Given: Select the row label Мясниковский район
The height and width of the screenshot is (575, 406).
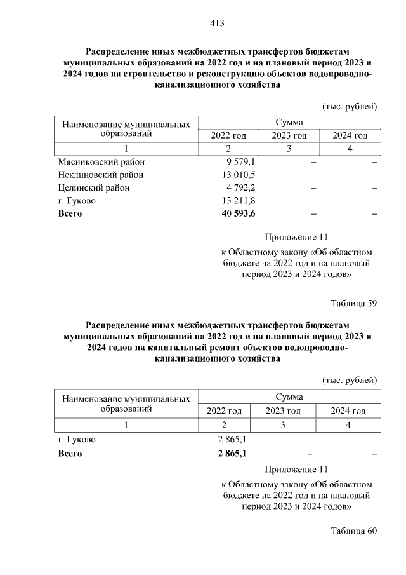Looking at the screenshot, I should point(101,162).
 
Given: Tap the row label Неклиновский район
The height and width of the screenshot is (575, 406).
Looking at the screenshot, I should point(100,175).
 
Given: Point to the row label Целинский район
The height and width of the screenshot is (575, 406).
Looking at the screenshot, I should point(93,187).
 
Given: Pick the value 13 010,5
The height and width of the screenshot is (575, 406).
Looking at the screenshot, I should point(236,175).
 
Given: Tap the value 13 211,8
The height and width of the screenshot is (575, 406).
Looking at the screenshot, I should point(236,201).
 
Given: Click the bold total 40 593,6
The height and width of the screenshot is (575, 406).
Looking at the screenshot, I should point(235,213).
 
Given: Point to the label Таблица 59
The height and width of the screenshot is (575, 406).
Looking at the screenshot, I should point(354,302).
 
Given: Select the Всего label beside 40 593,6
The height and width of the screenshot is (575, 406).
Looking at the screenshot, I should point(70,213).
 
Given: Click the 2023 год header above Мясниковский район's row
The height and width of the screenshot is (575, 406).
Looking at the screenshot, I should point(289,136).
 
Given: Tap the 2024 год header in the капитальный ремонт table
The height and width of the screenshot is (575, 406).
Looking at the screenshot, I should point(348,411).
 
